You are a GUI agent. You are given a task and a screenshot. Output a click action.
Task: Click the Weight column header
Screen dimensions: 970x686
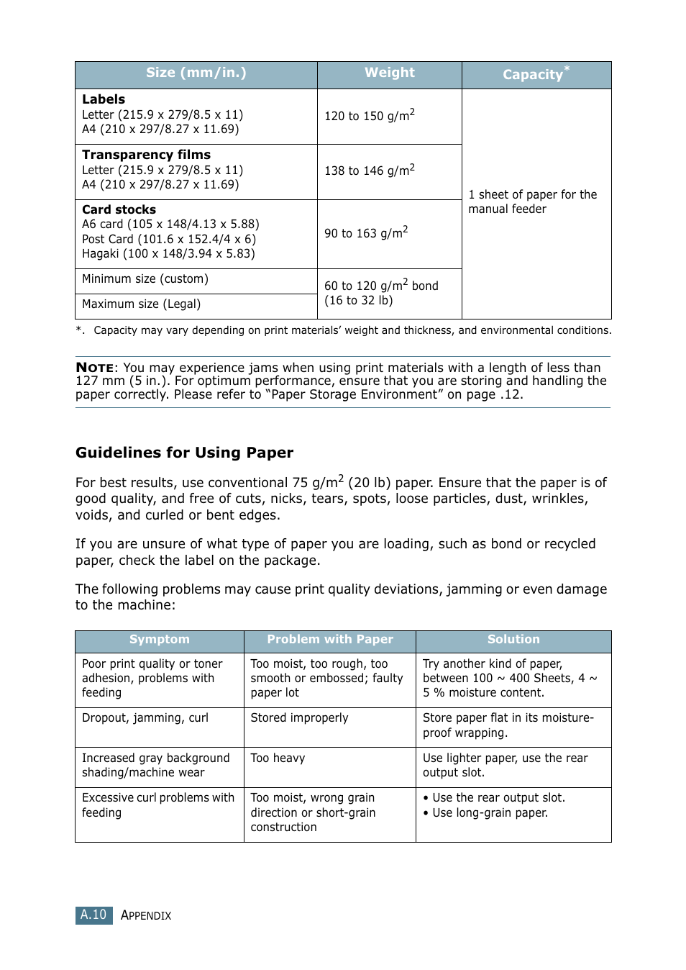389,73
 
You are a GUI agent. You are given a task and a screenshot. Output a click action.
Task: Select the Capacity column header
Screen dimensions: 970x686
533,74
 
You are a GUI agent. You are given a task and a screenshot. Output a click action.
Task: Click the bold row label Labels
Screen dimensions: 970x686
104,99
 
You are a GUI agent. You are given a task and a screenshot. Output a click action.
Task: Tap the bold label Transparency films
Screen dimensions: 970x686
146,155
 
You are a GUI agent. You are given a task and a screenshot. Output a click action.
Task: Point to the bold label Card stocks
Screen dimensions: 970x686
119,209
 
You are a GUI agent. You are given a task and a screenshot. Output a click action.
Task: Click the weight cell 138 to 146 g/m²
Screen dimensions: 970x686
369,171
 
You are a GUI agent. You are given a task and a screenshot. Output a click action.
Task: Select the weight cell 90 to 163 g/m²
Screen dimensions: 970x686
365,232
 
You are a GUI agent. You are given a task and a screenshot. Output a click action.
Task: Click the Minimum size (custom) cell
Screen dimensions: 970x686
145,279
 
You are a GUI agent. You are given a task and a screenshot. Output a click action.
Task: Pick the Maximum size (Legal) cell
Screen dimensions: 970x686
141,304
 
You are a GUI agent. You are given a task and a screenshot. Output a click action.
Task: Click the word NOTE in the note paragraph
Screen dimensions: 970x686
95,368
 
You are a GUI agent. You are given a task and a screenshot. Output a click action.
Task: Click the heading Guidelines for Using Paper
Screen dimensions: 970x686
184,453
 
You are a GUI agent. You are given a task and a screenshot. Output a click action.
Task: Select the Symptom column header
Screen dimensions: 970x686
159,640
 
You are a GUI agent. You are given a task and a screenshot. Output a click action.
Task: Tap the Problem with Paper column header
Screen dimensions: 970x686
330,640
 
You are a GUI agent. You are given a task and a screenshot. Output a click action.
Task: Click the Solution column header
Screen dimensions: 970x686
513,640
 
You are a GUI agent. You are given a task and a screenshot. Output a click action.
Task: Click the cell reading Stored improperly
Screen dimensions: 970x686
299,718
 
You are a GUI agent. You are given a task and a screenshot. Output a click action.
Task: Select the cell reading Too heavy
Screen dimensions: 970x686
278,758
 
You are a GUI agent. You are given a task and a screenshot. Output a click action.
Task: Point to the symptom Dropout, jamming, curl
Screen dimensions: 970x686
145,718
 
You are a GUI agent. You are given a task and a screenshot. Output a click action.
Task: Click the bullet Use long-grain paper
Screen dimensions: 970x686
490,813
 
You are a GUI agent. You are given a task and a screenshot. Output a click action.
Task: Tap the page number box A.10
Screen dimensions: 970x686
93,915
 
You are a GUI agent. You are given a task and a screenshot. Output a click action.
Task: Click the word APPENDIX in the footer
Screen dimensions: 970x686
146,916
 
